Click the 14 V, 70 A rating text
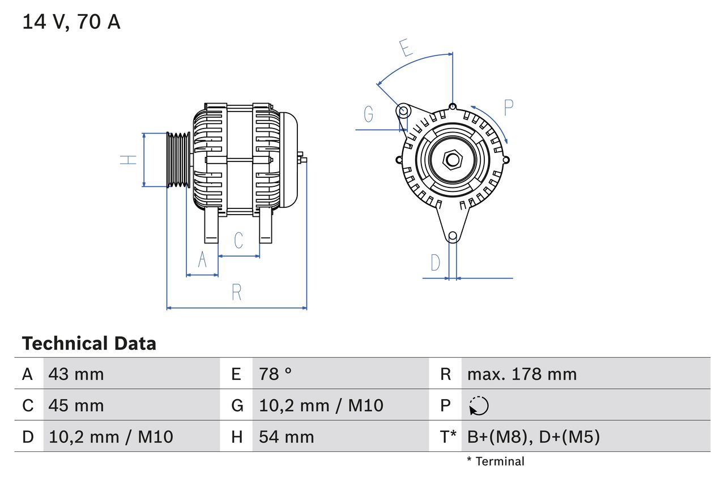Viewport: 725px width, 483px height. [x=71, y=22]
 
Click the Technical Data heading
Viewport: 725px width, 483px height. [x=89, y=343]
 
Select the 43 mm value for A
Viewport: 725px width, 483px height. [x=76, y=374]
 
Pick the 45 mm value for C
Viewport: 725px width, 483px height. [x=76, y=405]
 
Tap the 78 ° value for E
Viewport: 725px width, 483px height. [x=275, y=374]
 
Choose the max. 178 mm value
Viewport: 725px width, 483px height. [x=522, y=374]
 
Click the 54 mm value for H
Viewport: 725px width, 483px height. [x=286, y=437]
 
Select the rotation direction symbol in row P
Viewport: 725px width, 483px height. [x=479, y=406]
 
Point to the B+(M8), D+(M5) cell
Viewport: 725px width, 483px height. [x=533, y=437]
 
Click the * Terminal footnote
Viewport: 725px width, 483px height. [x=496, y=461]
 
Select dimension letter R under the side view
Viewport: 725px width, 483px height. [x=237, y=292]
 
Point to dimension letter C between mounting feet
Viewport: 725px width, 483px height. [x=238, y=240]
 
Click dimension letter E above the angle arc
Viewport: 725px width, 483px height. [x=405, y=48]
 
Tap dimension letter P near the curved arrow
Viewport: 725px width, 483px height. [x=508, y=108]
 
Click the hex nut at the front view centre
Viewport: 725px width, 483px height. [x=452, y=160]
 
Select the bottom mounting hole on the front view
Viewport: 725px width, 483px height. [x=453, y=236]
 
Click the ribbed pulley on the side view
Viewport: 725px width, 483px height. [x=178, y=160]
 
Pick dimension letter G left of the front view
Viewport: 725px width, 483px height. [x=369, y=114]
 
